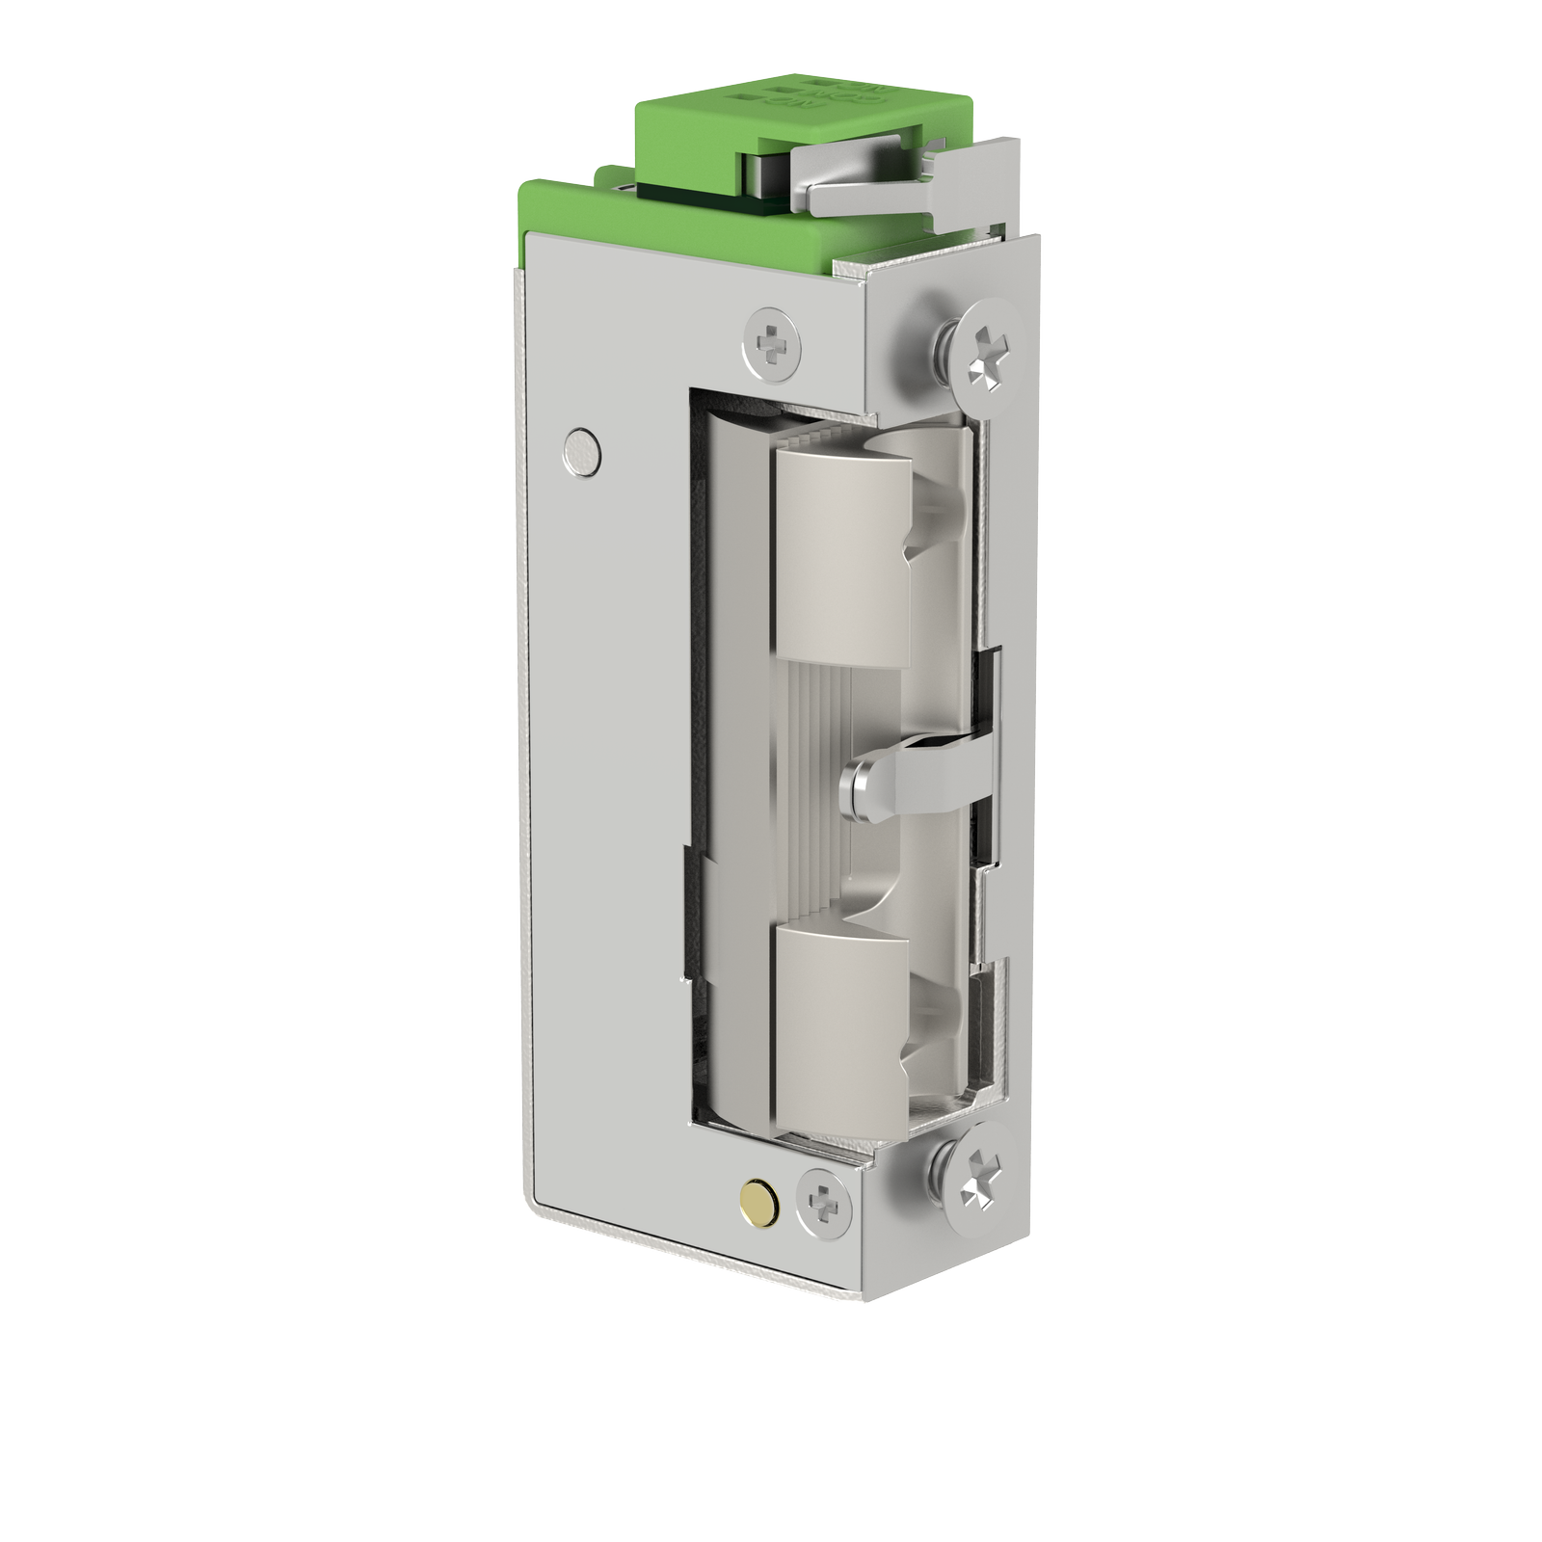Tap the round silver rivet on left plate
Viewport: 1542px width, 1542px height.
point(582,449)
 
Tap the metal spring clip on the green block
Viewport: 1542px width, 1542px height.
point(858,154)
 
